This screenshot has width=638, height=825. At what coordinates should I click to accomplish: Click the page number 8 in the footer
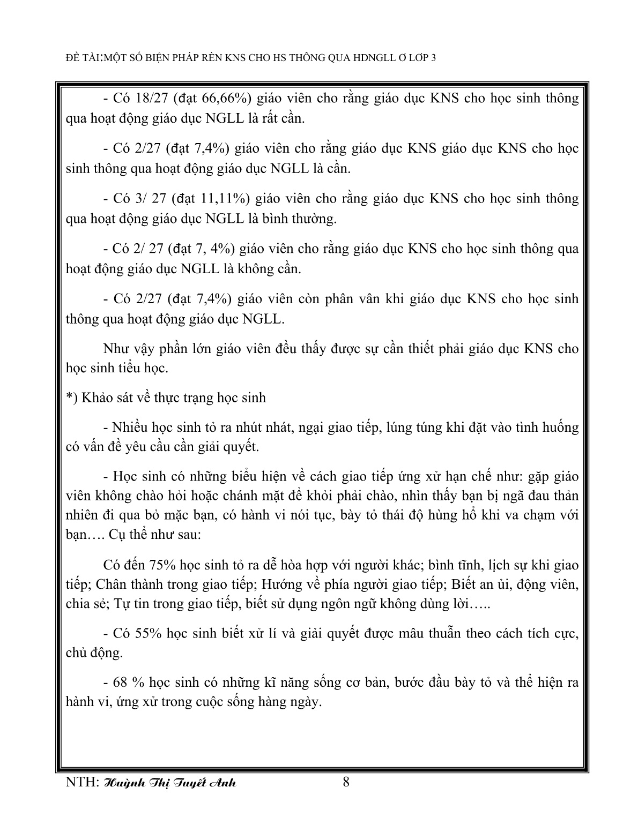346,782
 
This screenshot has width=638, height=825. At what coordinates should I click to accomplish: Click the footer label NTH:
81,783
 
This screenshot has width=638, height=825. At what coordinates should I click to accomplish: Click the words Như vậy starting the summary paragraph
123,349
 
